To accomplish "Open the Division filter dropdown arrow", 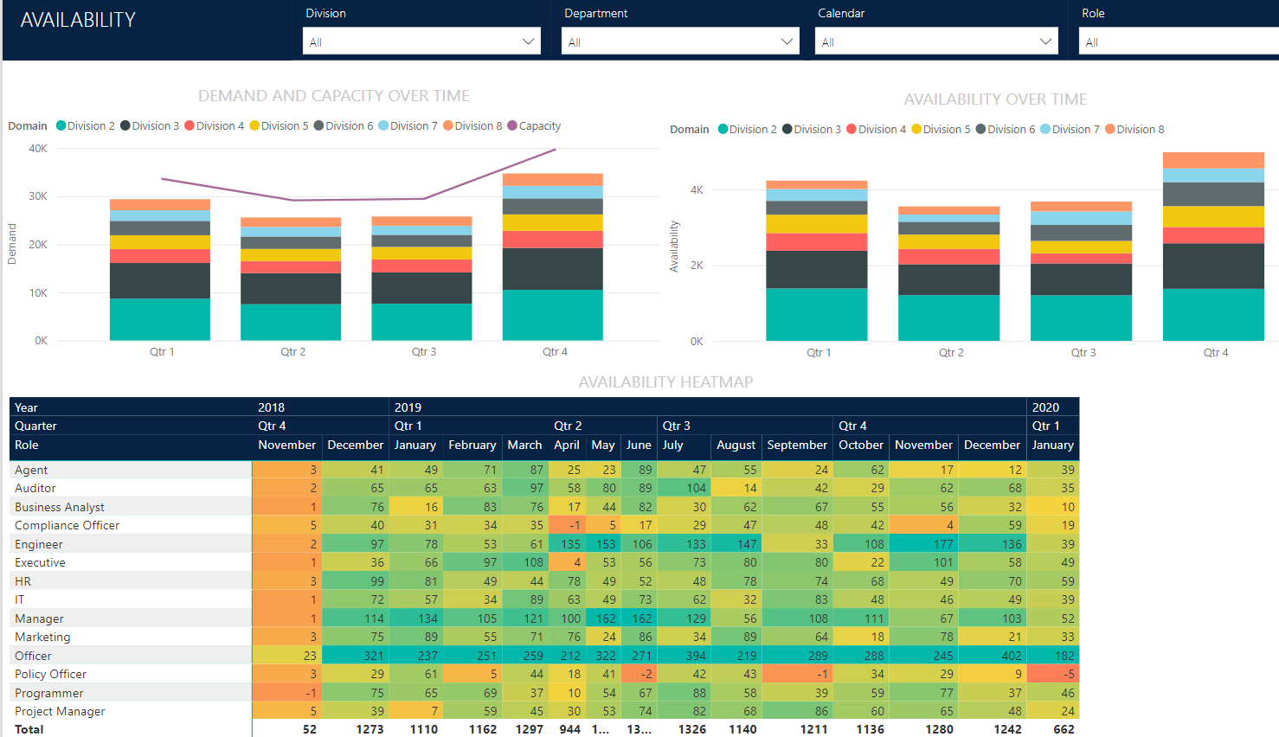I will point(528,42).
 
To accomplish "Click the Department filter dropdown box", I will point(680,42).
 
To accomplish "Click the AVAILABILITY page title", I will point(78,20).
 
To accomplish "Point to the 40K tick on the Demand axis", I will point(38,149).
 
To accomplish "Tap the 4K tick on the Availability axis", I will point(697,190).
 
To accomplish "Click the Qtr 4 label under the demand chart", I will point(555,352).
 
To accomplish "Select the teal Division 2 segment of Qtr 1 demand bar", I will point(160,319).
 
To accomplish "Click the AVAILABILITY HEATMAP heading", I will point(665,382).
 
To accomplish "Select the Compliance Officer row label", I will point(67,526).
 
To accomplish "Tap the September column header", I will point(796,445).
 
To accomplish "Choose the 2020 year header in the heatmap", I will point(1045,407).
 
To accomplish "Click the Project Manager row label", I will point(60,712).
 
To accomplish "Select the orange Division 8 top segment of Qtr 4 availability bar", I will point(1213,160).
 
